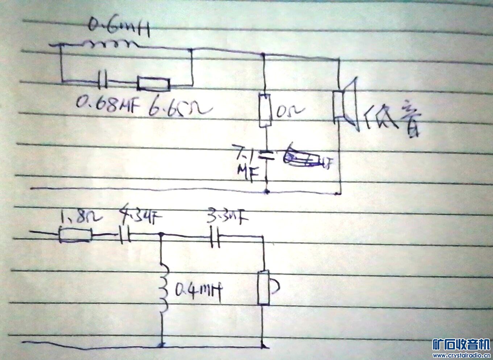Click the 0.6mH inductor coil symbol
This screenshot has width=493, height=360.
(x=110, y=45)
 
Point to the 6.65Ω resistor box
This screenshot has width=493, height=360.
(x=153, y=84)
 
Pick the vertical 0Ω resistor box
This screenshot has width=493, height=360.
(x=265, y=110)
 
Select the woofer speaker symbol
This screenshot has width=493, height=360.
(x=346, y=103)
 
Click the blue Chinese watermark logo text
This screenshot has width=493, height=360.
(x=461, y=344)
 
